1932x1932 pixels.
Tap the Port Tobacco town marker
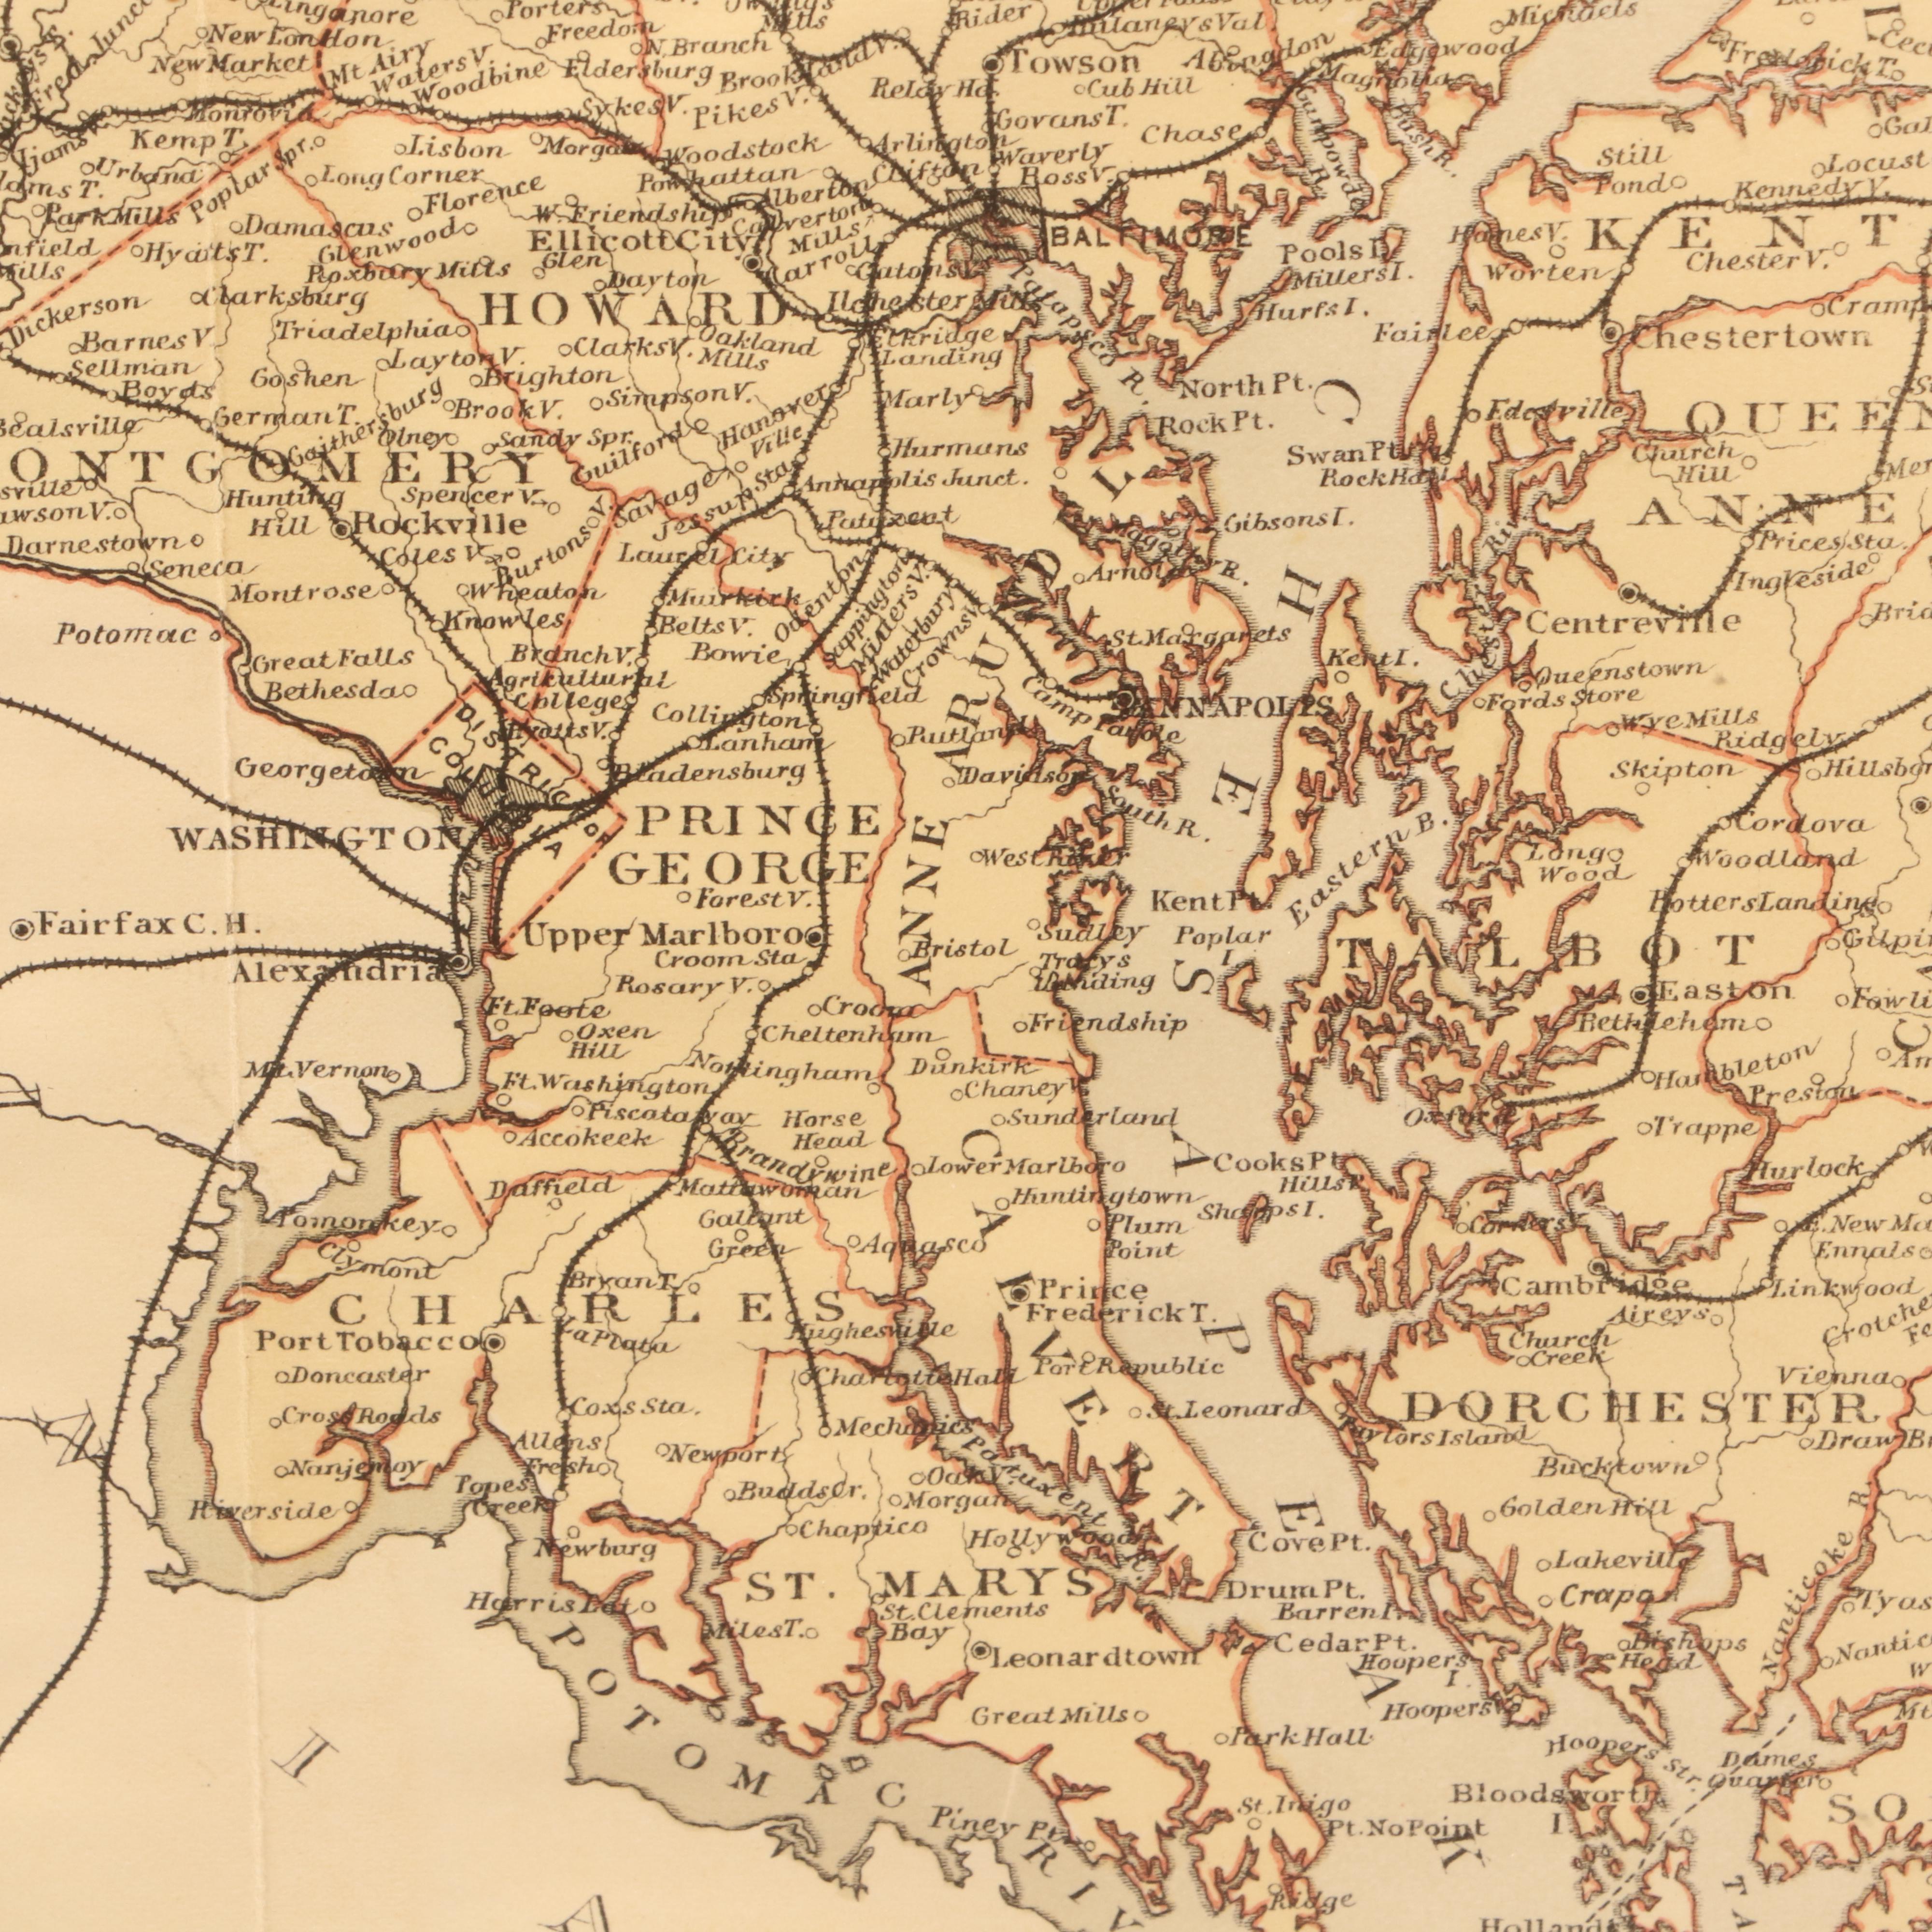[491, 1371]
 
